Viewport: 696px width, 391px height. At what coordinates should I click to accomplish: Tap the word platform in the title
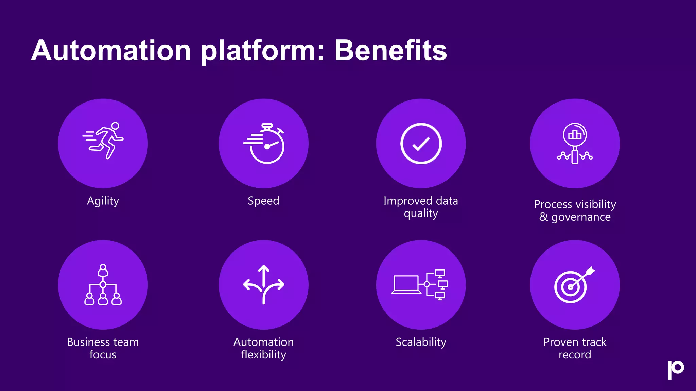point(260,51)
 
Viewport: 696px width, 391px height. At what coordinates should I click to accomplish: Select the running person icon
point(103,141)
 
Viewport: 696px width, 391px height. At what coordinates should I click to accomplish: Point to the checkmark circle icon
point(421,144)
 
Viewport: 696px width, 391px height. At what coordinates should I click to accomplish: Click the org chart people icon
point(103,285)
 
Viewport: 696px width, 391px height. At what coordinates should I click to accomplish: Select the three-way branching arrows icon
point(264,284)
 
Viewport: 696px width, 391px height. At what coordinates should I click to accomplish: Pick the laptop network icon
point(420,285)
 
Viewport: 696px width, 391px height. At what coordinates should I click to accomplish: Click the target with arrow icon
point(574,285)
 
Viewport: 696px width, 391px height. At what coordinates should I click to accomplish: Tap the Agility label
point(103,201)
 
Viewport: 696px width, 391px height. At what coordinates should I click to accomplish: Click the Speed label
point(263,201)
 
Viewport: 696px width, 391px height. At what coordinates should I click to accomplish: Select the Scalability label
point(421,342)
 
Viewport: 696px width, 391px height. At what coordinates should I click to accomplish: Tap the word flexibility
point(264,355)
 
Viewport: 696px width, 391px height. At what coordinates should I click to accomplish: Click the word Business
point(87,342)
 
